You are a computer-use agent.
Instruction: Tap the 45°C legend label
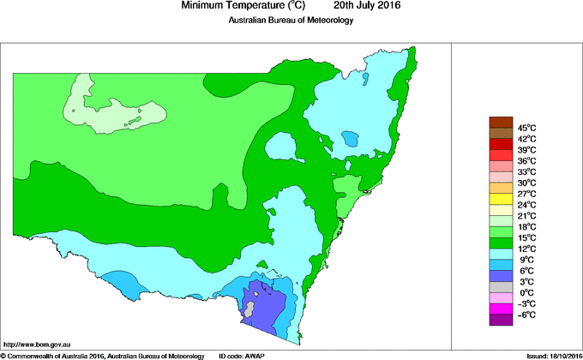coord(526,127)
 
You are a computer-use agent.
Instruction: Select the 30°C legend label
coord(526,183)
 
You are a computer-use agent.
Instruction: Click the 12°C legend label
coord(526,249)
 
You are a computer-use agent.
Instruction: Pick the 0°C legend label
coord(526,293)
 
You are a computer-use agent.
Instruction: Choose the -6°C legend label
coord(526,315)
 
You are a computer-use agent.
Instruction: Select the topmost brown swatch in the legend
coord(502,122)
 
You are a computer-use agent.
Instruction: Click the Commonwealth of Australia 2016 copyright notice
coord(102,355)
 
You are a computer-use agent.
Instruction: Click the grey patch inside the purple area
coord(250,305)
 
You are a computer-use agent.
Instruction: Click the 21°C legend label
coord(526,216)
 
